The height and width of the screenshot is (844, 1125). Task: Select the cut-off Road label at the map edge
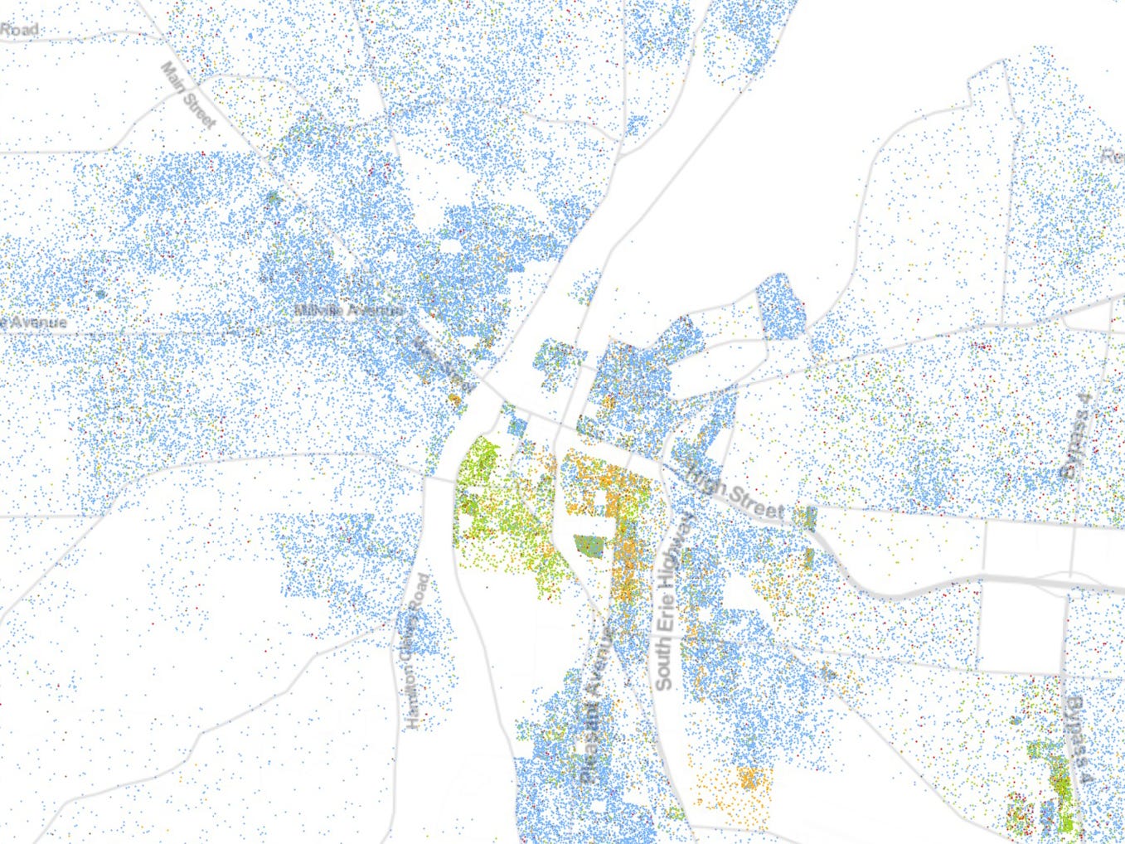pyautogui.click(x=18, y=29)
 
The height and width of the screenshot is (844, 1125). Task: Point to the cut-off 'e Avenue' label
pyautogui.click(x=33, y=321)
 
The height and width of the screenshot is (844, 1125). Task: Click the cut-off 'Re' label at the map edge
pyautogui.click(x=1111, y=156)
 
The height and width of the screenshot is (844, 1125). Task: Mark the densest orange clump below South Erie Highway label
pyautogui.click(x=751, y=779)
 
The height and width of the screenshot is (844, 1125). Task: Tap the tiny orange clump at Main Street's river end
pyautogui.click(x=453, y=400)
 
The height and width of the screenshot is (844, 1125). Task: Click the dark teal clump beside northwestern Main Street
pyautogui.click(x=273, y=198)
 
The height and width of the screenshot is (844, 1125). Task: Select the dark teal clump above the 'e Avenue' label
pyautogui.click(x=101, y=293)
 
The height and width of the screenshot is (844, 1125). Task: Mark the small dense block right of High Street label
pyautogui.click(x=809, y=517)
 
